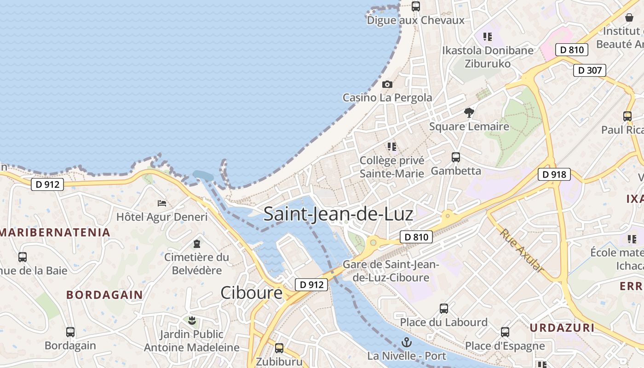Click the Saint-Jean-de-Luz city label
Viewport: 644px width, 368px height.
[x=338, y=214]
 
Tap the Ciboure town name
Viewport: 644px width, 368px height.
[x=251, y=293]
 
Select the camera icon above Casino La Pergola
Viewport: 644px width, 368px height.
[x=387, y=84]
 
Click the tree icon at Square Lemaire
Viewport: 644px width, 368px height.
[x=469, y=112]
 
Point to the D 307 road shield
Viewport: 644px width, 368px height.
[x=589, y=70]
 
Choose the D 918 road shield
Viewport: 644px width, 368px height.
[x=554, y=174]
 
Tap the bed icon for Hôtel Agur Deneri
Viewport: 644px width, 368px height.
[x=162, y=203]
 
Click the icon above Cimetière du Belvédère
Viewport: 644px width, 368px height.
[x=197, y=243]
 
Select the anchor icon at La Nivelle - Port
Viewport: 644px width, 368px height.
[x=407, y=342]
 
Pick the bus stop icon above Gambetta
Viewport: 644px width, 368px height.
[x=456, y=157]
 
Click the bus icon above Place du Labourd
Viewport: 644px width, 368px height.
[x=444, y=308]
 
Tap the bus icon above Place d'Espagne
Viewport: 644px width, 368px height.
[x=505, y=332]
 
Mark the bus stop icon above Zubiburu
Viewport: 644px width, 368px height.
[x=279, y=348]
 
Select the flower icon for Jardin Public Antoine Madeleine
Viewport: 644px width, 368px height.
[x=192, y=320]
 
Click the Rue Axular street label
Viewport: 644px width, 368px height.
[x=522, y=251]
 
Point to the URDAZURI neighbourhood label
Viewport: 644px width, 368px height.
[x=562, y=328]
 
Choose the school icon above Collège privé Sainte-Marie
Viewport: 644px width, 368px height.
[x=392, y=146]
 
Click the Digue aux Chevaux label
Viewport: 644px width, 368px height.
[x=415, y=20]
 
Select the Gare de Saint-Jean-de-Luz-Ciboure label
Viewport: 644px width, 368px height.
[x=391, y=271]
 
